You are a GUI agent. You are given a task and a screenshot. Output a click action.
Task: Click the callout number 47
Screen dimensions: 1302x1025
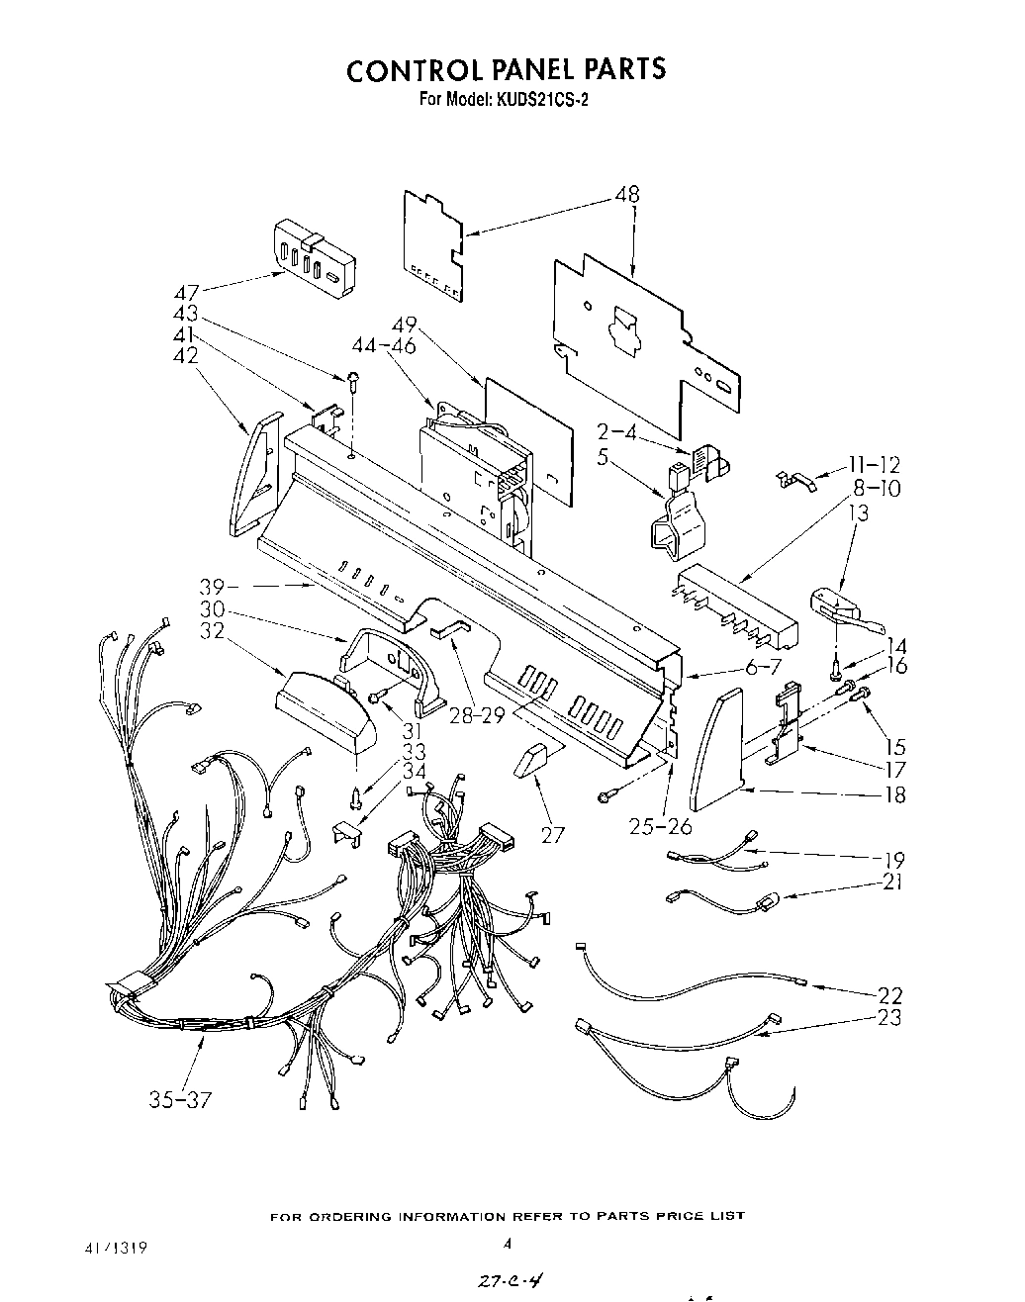pos(186,293)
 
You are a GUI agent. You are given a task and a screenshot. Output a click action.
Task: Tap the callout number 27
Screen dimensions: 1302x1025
pos(552,835)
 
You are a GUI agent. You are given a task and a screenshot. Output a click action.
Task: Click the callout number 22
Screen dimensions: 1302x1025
pos(889,995)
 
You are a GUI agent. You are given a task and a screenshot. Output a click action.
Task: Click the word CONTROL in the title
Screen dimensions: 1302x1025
pos(411,69)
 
